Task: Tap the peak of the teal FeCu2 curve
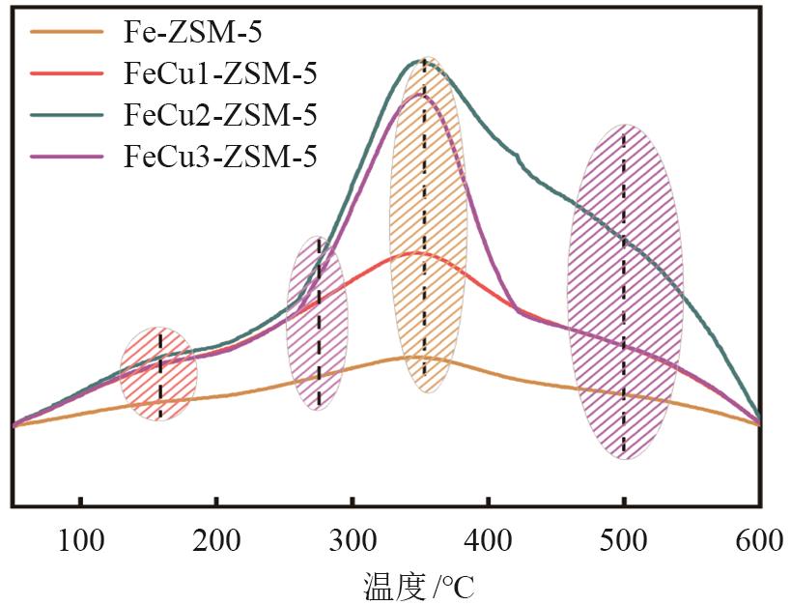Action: pos(423,60)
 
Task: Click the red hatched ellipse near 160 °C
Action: pos(158,373)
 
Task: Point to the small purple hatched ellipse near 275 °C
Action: pos(317,323)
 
